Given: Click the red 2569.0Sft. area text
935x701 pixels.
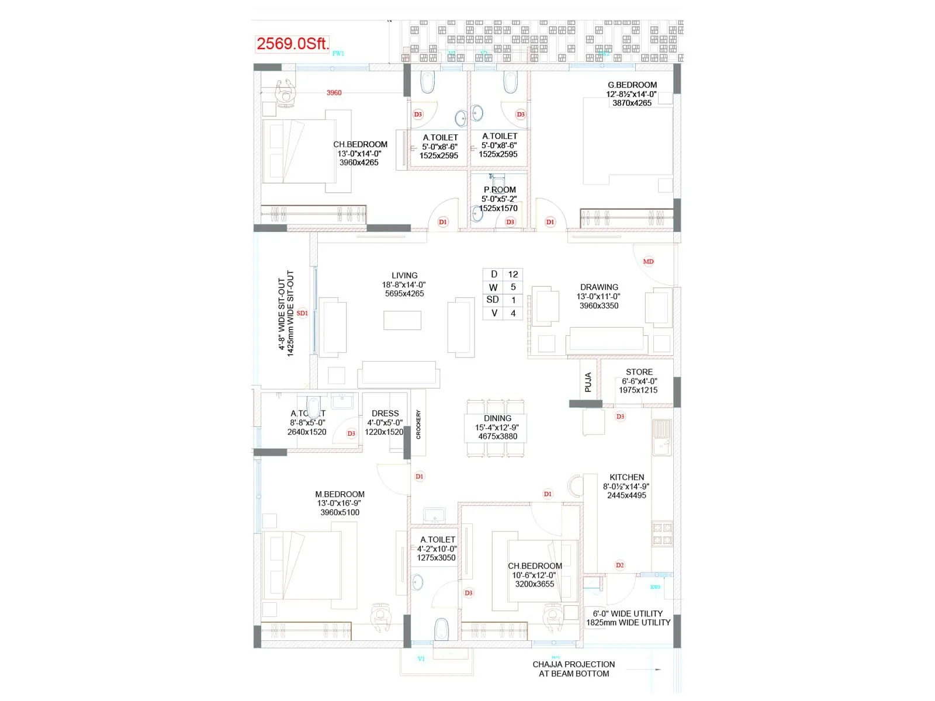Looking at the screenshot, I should tap(293, 43).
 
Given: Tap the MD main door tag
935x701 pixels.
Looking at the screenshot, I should tap(648, 261).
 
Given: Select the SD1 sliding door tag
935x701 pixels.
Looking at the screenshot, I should tap(302, 313).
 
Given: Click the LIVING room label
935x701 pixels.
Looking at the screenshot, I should tap(404, 275).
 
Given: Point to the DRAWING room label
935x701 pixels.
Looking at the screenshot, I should tap(599, 287).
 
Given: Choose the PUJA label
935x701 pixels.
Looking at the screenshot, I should tap(588, 382).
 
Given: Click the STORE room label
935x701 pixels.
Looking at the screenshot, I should tap(639, 372).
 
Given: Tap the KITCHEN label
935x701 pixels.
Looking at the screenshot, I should tap(626, 477).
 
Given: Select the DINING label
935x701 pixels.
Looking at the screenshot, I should tap(497, 418).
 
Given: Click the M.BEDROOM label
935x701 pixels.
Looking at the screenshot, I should tap(340, 494).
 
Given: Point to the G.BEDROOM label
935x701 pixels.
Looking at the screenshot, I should tap(632, 85).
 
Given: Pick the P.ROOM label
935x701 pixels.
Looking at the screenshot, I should tap(500, 190).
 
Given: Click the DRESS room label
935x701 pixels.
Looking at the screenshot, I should tap(385, 413).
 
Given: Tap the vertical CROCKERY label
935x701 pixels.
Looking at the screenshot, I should tap(418, 424).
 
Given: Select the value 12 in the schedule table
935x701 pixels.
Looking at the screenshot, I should tap(513, 274).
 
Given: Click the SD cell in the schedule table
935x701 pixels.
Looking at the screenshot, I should tap(493, 300).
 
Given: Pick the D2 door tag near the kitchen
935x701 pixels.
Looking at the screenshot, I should tap(619, 565).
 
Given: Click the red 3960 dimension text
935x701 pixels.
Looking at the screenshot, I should tap(334, 93).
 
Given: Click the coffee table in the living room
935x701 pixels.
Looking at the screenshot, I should tap(402, 320).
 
